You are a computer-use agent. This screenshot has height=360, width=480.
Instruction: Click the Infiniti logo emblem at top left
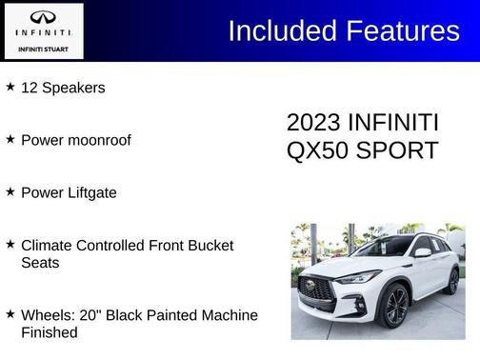coord(43,17)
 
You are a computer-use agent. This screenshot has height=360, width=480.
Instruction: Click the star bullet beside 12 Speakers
coord(10,87)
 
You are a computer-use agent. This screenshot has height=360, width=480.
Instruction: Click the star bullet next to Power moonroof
coord(10,139)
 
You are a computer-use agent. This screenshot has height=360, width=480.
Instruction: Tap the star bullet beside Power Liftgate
coord(10,191)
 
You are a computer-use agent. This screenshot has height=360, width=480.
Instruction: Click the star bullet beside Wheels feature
coord(10,313)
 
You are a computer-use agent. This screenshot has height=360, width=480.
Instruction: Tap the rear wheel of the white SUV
coord(453,281)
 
